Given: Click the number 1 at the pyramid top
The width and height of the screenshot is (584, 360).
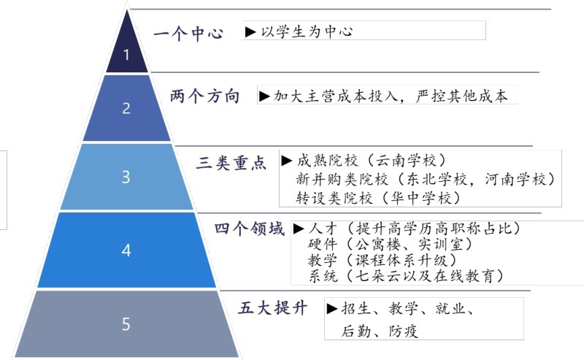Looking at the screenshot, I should click(x=126, y=54).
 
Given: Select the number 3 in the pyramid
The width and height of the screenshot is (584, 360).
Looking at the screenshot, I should click(x=126, y=177).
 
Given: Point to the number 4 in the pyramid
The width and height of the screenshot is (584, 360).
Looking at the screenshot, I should click(x=126, y=250).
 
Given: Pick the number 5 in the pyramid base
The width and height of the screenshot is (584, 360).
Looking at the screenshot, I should click(x=126, y=323).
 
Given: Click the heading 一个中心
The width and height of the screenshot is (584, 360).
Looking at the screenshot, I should click(x=188, y=34).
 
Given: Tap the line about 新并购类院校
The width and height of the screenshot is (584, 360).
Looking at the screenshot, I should click(x=424, y=179).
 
